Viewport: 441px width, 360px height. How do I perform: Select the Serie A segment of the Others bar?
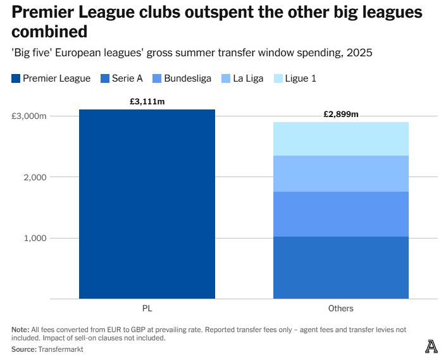(340, 268)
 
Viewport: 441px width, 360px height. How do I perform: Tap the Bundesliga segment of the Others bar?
(340, 214)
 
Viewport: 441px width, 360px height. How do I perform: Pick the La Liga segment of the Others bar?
(340, 173)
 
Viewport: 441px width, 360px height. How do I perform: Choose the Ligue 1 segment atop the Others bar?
(340, 139)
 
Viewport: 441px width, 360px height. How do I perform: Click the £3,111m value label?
(147, 101)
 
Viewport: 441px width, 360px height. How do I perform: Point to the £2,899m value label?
(340, 115)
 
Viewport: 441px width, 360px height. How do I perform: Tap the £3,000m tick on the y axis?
(29, 116)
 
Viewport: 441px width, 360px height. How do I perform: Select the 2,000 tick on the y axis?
(34, 177)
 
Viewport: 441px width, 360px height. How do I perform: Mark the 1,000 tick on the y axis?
(34, 238)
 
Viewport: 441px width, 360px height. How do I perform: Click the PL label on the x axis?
(147, 309)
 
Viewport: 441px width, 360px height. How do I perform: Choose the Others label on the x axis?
(340, 309)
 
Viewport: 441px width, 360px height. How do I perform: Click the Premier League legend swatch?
(16, 78)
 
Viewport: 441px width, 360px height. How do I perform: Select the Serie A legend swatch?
(104, 78)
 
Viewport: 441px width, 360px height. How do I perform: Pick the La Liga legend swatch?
(226, 78)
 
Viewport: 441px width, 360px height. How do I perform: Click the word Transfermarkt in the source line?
(60, 349)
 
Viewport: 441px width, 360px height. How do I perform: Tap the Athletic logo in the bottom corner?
(431, 346)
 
